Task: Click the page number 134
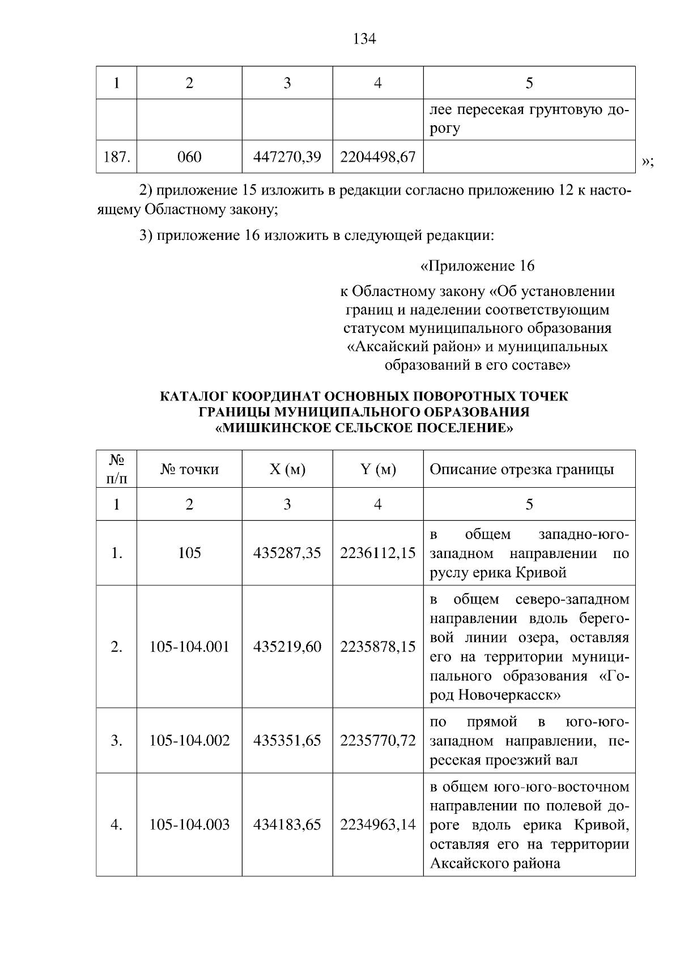tap(364, 39)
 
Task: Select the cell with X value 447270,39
tap(287, 157)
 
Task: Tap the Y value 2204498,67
tap(377, 157)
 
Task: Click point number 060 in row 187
tap(189, 157)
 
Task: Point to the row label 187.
tap(117, 157)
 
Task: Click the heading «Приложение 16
tap(477, 266)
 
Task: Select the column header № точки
tap(189, 469)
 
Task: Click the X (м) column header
tap(287, 469)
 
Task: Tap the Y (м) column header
tap(377, 469)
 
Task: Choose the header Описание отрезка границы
tap(521, 469)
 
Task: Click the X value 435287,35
tap(287, 553)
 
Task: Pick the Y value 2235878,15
tap(377, 647)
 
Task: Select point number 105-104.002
tap(189, 740)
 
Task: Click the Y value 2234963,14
tap(377, 825)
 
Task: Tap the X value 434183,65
tap(287, 825)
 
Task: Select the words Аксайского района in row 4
tap(495, 864)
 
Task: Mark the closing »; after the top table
tap(647, 163)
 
